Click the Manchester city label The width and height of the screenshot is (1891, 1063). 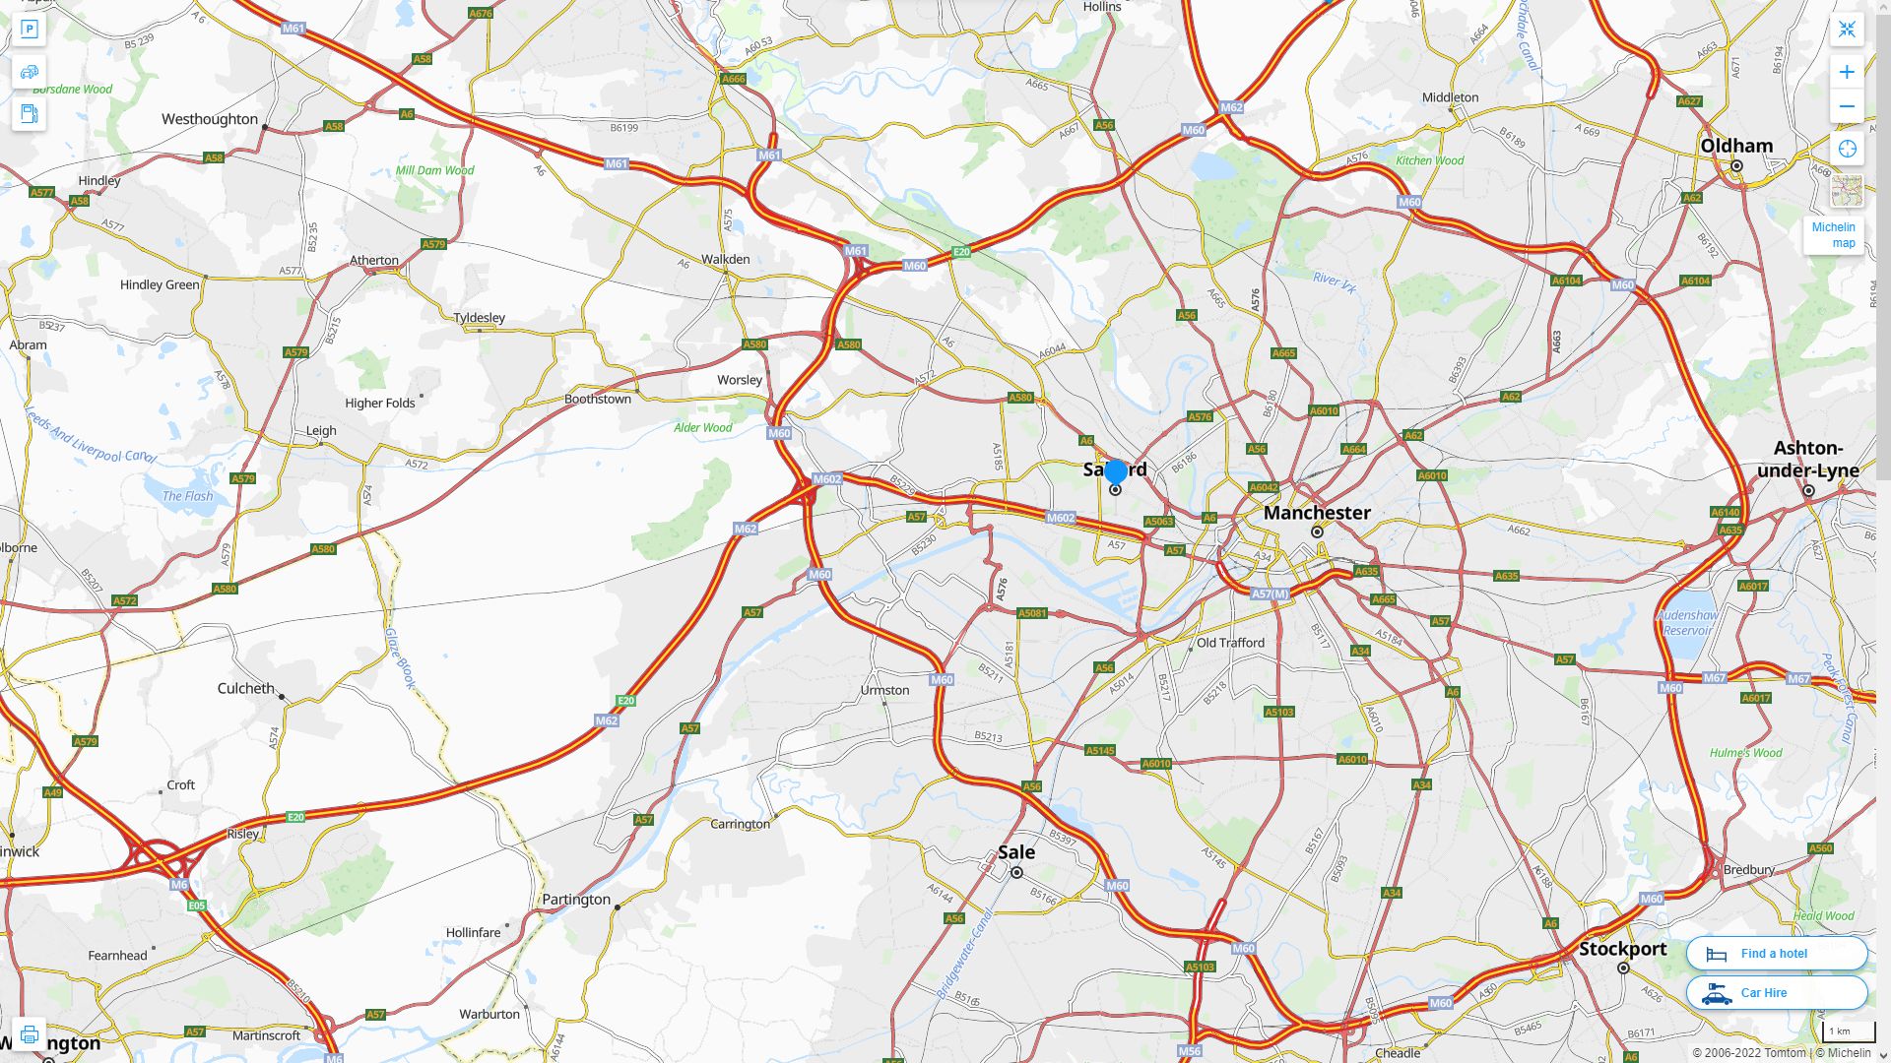1317,513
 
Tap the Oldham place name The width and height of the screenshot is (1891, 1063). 1736,146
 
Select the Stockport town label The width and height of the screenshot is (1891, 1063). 1622,949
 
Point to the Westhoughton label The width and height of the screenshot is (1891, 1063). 210,119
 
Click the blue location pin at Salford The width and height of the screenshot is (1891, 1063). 1116,472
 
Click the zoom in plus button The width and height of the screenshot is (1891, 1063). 1847,72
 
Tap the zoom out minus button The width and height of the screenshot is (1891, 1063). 1847,106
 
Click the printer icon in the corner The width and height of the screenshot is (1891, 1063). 29,1034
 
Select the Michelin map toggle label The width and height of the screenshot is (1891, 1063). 1833,235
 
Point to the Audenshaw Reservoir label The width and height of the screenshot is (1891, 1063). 1687,622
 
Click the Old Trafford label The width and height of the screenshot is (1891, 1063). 1230,643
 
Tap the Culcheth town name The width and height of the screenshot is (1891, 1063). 246,688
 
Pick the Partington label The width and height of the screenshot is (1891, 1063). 576,900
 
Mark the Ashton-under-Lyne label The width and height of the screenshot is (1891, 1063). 1808,459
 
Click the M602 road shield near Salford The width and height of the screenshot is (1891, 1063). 1061,518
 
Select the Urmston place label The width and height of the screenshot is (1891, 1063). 884,690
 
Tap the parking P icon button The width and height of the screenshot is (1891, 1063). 29,30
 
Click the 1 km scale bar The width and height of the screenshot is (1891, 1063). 1848,1032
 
